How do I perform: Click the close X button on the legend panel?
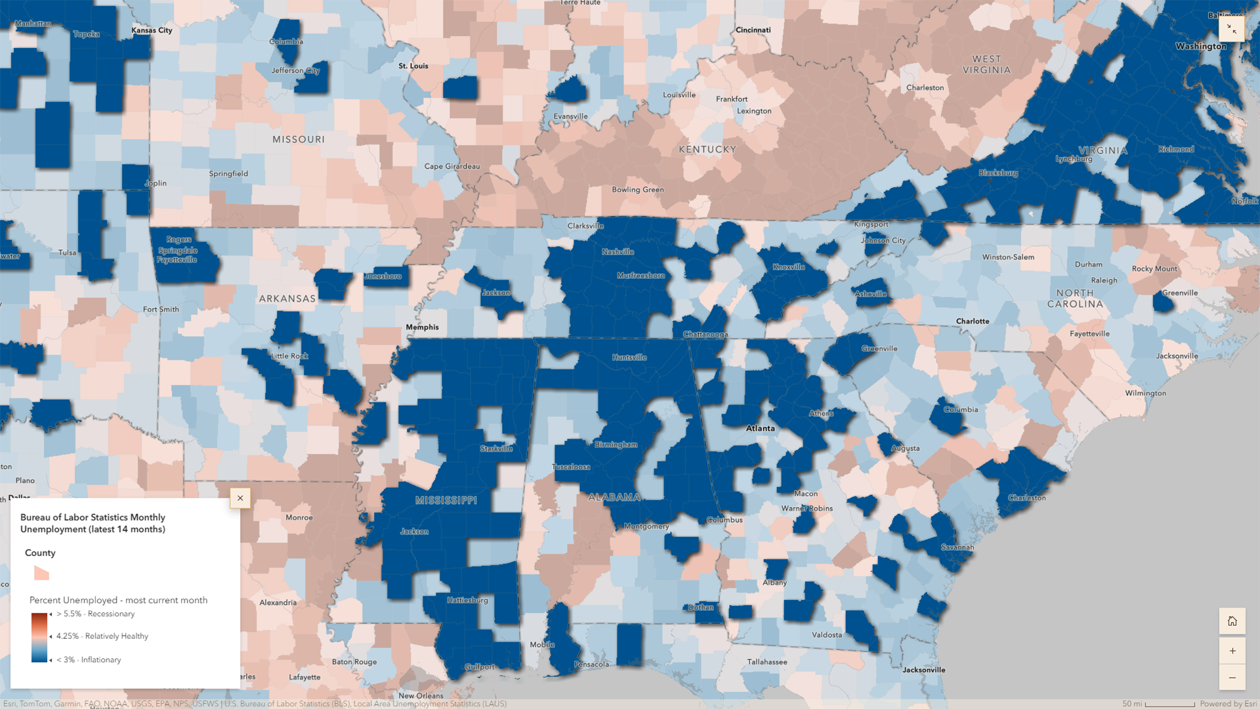pyautogui.click(x=240, y=498)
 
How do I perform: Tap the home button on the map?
pyautogui.click(x=1232, y=621)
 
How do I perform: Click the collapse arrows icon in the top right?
pyautogui.click(x=1231, y=30)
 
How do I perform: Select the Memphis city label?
pyautogui.click(x=422, y=327)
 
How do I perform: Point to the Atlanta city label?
pyautogui.click(x=760, y=428)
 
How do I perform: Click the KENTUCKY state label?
pyautogui.click(x=707, y=150)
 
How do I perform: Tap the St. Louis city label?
pyautogui.click(x=413, y=66)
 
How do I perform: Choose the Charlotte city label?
pyautogui.click(x=972, y=321)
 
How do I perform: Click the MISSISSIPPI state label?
pyautogui.click(x=446, y=500)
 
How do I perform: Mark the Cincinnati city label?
pyautogui.click(x=753, y=30)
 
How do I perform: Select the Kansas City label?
pyautogui.click(x=152, y=30)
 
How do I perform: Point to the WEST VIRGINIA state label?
pyautogui.click(x=986, y=64)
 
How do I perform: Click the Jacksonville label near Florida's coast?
pyautogui.click(x=923, y=670)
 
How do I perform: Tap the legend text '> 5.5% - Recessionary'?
pyautogui.click(x=95, y=614)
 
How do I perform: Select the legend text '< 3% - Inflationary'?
pyautogui.click(x=89, y=660)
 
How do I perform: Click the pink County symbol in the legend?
pyautogui.click(x=41, y=573)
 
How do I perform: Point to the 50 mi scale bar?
pyautogui.click(x=1169, y=704)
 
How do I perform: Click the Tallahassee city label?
pyautogui.click(x=766, y=662)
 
